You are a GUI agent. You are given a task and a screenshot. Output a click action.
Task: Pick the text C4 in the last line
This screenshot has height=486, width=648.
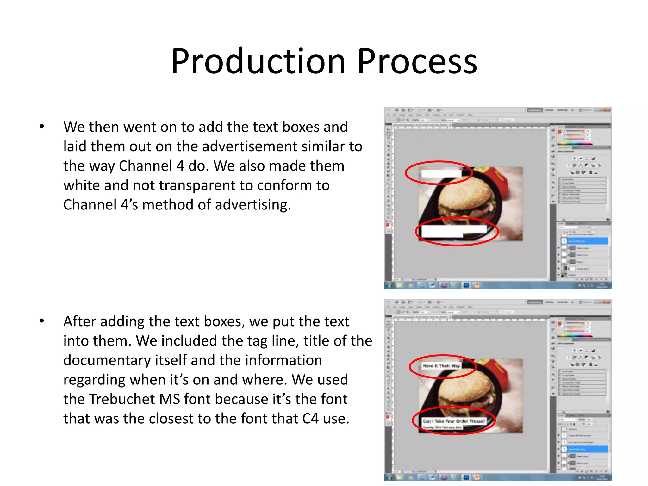(x=310, y=419)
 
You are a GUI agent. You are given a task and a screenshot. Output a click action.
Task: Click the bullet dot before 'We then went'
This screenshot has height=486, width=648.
(x=42, y=127)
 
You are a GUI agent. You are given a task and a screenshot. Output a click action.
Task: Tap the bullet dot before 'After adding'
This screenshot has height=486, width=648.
(x=42, y=321)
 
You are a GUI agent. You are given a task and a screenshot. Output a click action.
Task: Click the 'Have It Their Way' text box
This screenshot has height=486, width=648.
(x=441, y=366)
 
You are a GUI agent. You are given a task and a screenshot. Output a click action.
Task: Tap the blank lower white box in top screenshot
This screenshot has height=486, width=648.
(x=454, y=231)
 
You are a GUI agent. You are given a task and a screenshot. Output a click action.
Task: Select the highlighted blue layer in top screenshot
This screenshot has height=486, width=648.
(x=587, y=241)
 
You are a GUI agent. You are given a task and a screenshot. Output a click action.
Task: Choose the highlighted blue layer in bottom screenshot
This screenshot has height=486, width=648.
(x=587, y=449)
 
